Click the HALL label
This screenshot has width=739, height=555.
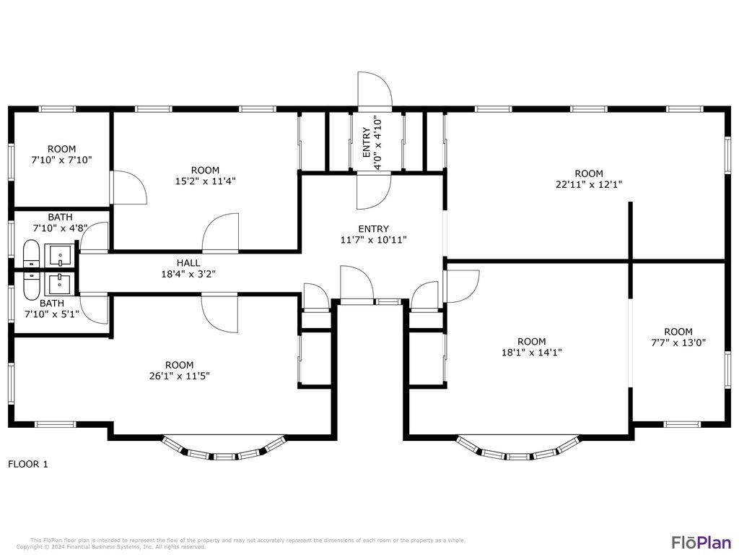tap(188, 263)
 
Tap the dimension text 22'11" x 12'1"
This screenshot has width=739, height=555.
tap(589, 184)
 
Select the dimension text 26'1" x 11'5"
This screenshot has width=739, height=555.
tap(179, 376)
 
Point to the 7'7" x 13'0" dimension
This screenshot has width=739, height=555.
tap(678, 343)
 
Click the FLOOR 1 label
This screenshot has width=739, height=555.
tap(28, 465)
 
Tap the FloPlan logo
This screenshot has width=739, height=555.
tap(701, 542)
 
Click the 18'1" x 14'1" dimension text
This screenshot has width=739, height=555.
tap(532, 353)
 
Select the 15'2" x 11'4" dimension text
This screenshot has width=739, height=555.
tap(206, 181)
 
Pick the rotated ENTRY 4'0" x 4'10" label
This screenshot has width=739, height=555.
tap(372, 142)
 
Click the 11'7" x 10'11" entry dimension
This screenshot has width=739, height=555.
tap(373, 240)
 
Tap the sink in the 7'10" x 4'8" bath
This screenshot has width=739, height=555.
tap(60, 255)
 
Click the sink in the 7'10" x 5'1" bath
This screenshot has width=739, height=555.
tap(60, 284)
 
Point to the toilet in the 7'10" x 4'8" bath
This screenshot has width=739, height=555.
tap(32, 254)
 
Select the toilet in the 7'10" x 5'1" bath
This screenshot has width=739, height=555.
tap(32, 285)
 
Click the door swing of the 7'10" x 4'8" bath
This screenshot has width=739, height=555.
tap(94, 237)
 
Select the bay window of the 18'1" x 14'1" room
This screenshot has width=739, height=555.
tap(517, 448)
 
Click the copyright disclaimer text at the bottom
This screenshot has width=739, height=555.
tap(241, 543)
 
